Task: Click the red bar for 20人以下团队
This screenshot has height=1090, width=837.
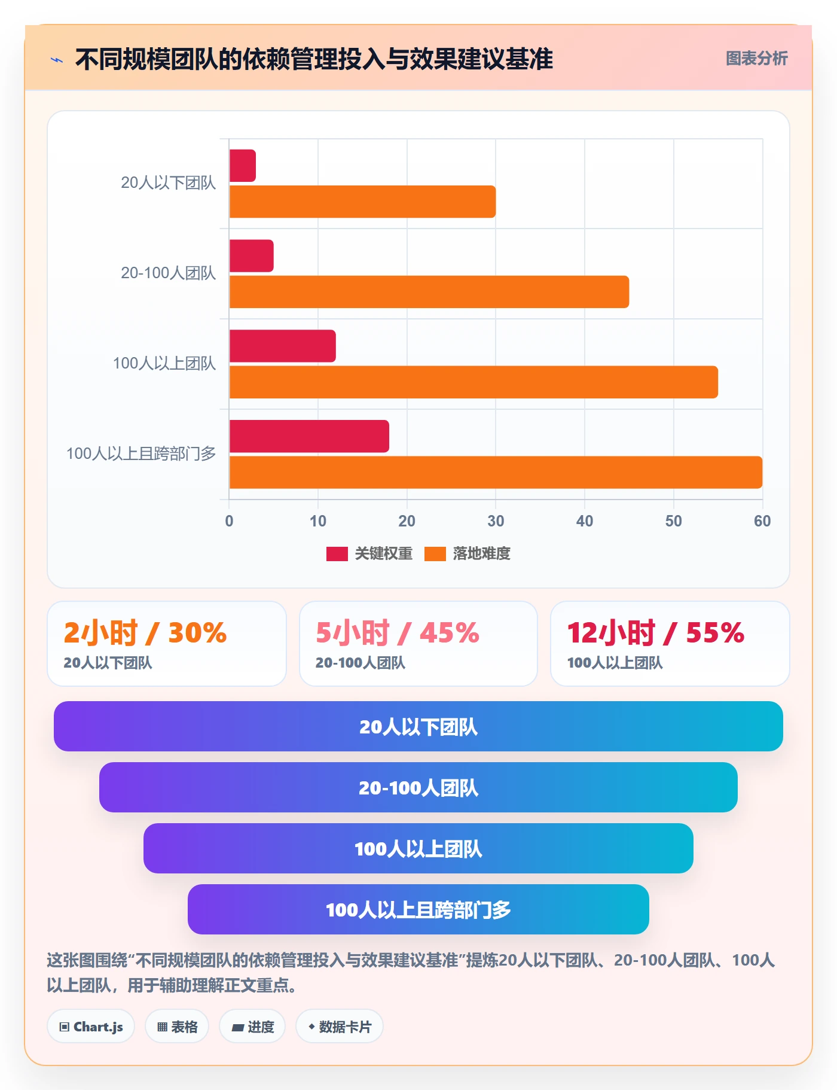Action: click(x=243, y=166)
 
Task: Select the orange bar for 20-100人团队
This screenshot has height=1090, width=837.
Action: click(x=429, y=292)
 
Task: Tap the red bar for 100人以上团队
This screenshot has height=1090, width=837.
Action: click(x=283, y=346)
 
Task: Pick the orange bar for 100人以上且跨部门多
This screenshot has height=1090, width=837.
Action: click(x=496, y=473)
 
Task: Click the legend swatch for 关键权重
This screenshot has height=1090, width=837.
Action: click(x=337, y=554)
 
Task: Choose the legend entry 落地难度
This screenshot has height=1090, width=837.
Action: click(x=468, y=554)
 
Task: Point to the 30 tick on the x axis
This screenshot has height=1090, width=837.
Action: click(x=496, y=521)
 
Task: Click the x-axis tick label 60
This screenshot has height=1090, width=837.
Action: click(x=762, y=521)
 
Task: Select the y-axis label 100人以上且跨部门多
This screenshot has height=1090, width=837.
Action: click(x=141, y=453)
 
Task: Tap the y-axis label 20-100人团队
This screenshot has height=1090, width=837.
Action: click(x=168, y=273)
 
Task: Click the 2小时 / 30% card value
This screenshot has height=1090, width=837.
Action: click(x=145, y=633)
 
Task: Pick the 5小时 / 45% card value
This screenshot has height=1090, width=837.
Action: click(x=398, y=633)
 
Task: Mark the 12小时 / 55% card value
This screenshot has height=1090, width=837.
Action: click(x=656, y=633)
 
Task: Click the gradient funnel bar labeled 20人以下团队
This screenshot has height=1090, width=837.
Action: click(x=418, y=726)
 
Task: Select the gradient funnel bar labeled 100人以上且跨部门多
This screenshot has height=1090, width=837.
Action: click(x=418, y=909)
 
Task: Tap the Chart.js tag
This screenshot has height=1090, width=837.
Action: click(x=91, y=1027)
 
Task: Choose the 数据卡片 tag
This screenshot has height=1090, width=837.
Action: click(x=340, y=1027)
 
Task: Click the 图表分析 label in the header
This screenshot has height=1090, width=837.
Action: click(x=757, y=59)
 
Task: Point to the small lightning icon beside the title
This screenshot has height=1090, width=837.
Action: click(x=57, y=60)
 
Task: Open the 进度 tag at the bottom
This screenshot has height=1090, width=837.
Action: click(x=252, y=1027)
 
